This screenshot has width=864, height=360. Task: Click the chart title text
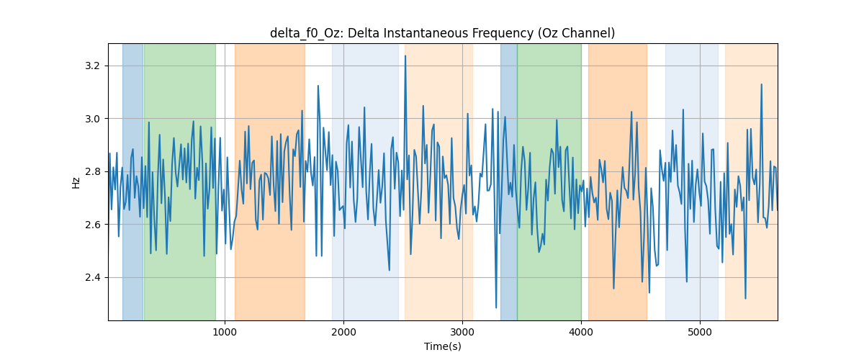pos(442,33)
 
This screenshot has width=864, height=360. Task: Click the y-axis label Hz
pos(76,183)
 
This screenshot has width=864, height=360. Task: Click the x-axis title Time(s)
pos(442,346)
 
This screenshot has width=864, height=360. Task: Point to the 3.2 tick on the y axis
pos(92,66)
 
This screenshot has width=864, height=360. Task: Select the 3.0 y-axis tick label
pos(92,119)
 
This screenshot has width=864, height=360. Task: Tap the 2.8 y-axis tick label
pos(92,171)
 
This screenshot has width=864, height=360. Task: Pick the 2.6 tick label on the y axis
pos(92,225)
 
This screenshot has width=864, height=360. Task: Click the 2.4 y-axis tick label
pos(92,277)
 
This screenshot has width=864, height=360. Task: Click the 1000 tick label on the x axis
pos(225,333)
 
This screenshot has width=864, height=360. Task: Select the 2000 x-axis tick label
pos(343,333)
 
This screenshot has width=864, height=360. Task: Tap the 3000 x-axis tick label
pos(462,333)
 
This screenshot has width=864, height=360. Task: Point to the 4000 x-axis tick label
pos(581,333)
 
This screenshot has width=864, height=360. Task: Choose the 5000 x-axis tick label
pos(700,333)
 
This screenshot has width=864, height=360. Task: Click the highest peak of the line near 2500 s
pos(405,56)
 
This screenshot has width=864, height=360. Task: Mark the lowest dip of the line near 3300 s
pos(496,307)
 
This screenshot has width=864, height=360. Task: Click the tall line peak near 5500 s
pos(762,84)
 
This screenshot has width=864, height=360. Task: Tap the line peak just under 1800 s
pos(318,86)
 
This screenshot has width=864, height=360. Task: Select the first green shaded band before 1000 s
pos(180,181)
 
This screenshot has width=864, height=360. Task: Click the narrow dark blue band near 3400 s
pos(509,181)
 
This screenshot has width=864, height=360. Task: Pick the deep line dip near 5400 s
pos(745,298)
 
